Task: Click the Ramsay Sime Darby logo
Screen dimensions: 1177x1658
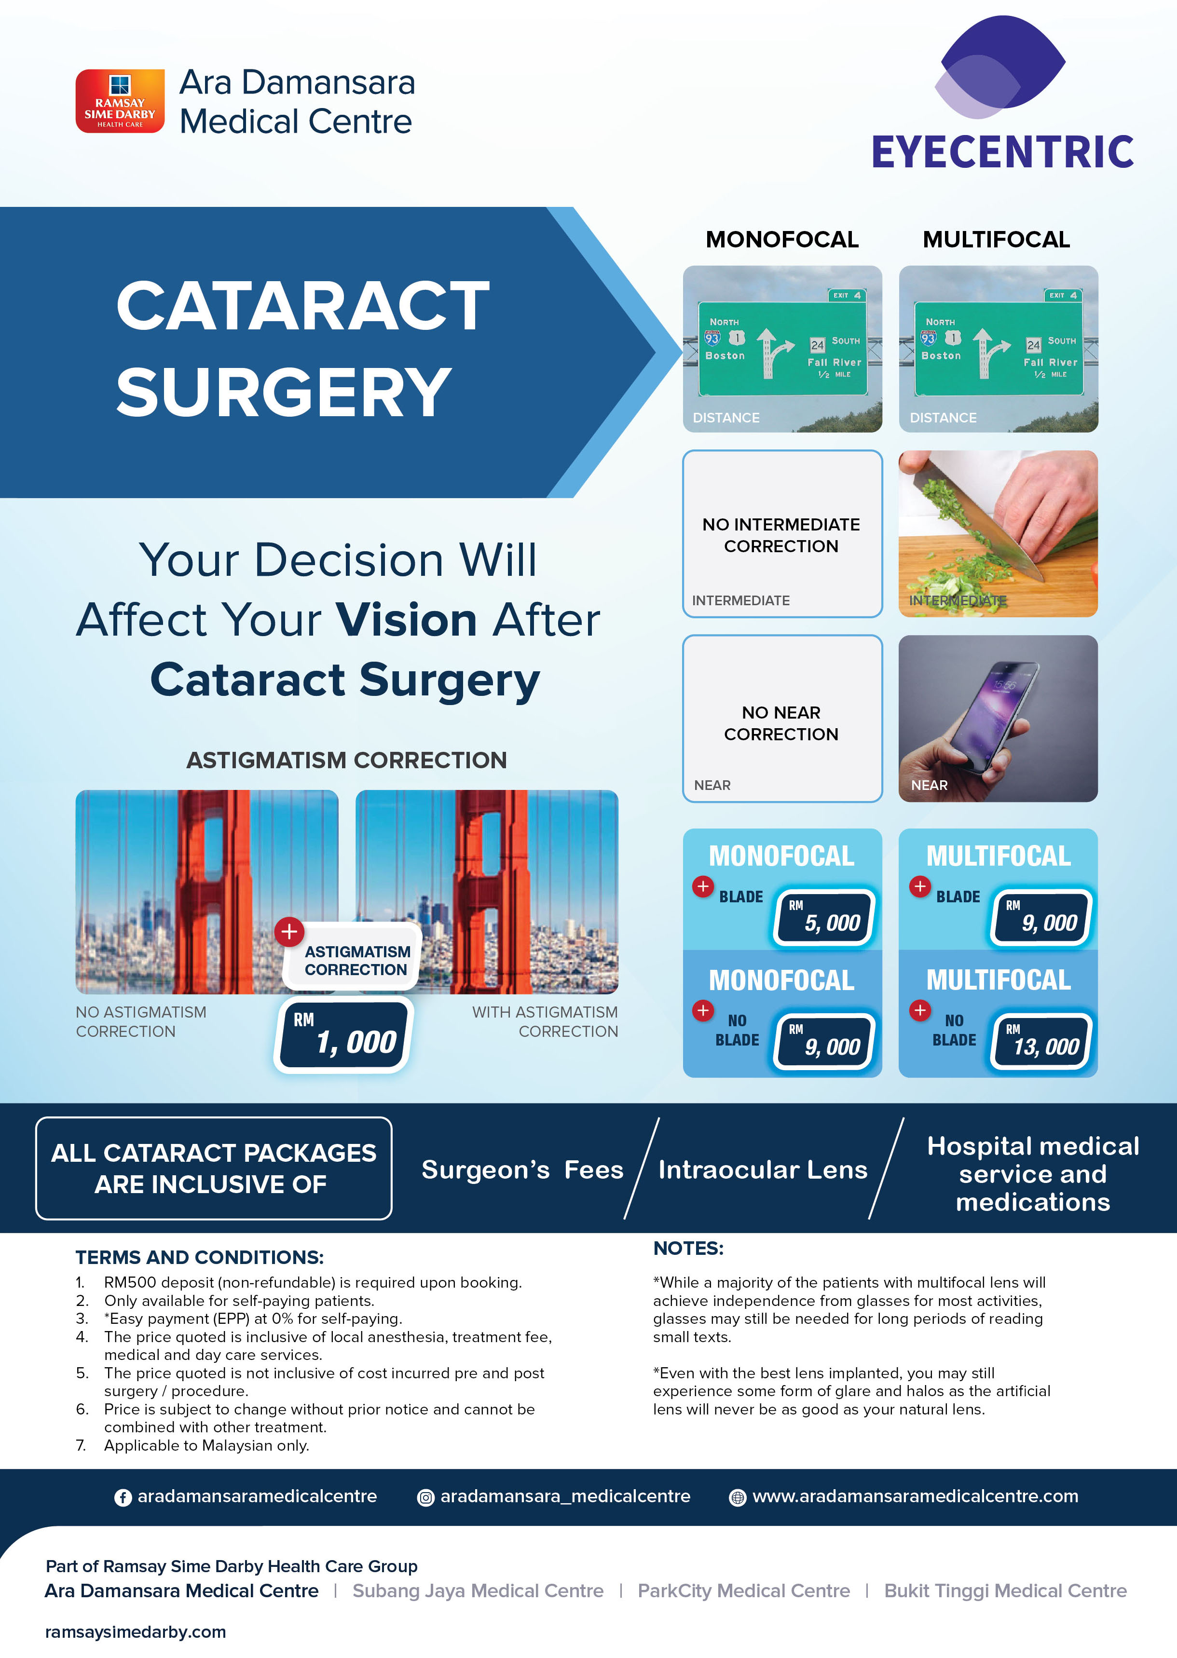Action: click(x=120, y=101)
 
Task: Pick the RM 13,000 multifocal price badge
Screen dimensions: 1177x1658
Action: click(x=1041, y=1041)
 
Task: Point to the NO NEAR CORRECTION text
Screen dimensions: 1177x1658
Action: click(x=781, y=723)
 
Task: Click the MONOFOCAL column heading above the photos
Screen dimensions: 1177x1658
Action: click(x=782, y=239)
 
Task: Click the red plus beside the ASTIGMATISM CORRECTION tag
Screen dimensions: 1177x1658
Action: click(x=288, y=931)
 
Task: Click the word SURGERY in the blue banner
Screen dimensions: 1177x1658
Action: click(x=284, y=392)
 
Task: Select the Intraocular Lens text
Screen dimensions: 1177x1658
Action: click(x=763, y=1169)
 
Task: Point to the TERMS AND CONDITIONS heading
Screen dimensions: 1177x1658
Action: click(x=199, y=1257)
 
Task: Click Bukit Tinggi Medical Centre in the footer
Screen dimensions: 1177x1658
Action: click(x=1005, y=1590)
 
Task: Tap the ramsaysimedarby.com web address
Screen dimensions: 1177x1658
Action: click(x=136, y=1632)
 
